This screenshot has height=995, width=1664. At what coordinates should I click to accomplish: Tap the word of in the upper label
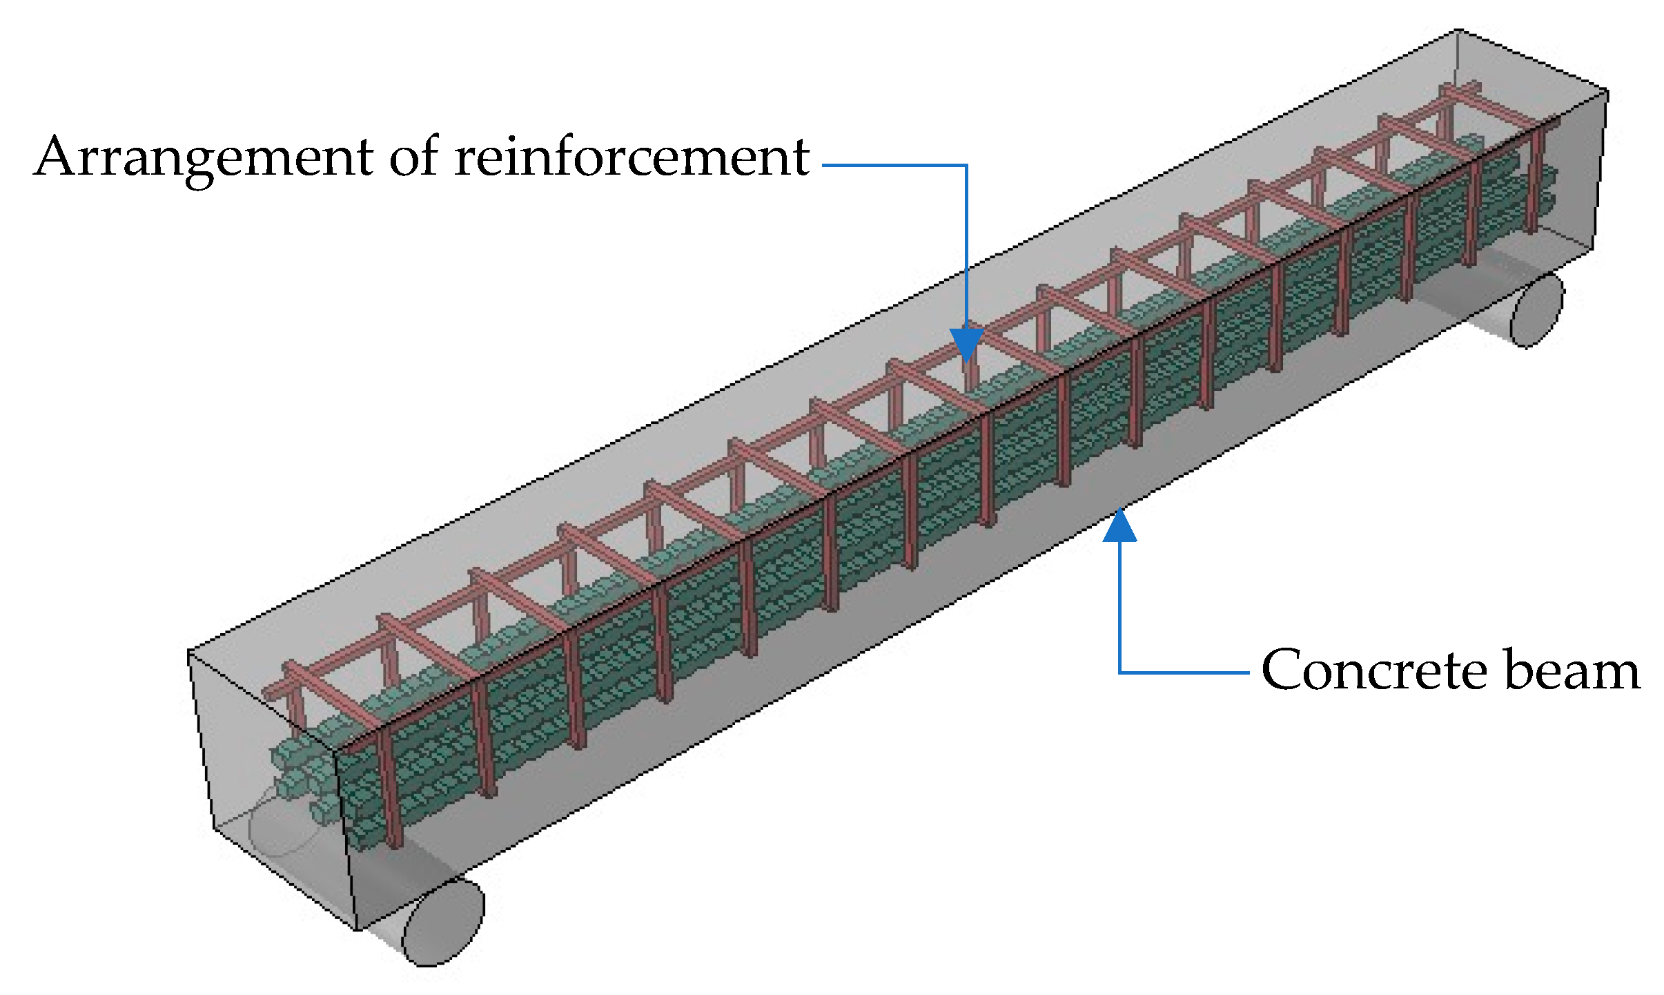click(413, 157)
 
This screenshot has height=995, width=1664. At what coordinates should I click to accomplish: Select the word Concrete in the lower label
click(1373, 670)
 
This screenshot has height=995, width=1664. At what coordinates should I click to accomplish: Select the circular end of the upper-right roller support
click(1537, 311)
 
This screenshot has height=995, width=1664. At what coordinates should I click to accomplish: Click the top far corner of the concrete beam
click(1458, 30)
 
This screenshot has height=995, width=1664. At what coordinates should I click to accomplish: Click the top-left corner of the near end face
click(189, 650)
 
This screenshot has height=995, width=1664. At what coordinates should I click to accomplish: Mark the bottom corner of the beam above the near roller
click(356, 929)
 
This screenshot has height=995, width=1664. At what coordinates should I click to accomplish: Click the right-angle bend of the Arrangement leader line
click(966, 165)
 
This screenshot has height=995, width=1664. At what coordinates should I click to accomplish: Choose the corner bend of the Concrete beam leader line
click(1119, 672)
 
